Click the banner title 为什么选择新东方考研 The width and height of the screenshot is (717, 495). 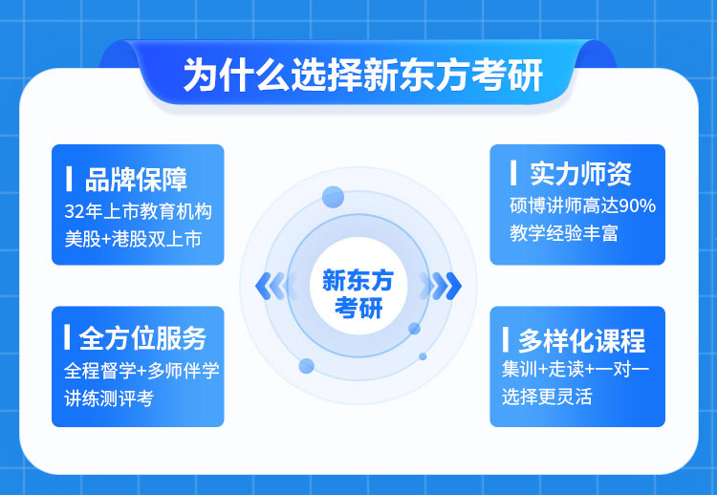click(362, 75)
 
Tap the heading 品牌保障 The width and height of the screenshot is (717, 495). click(136, 179)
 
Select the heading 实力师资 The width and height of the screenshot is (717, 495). click(580, 174)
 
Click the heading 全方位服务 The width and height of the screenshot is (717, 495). click(142, 338)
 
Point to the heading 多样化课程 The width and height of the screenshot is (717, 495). click(581, 340)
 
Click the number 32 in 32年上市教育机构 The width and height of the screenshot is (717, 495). click(74, 211)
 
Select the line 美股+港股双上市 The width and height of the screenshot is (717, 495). click(133, 239)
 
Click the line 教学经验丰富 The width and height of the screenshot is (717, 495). click(564, 233)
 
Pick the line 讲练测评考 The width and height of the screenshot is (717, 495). click(109, 398)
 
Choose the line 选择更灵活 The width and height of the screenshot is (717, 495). click(547, 397)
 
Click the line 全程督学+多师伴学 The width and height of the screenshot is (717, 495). click(141, 371)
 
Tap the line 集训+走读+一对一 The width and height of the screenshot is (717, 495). click(576, 369)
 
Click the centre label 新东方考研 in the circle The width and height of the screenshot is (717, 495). click(358, 293)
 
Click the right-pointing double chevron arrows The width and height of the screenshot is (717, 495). click(445, 286)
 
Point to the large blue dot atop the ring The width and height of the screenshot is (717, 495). click(333, 197)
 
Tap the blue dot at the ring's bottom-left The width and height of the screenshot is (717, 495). click(306, 366)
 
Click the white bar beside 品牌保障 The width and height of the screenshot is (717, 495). click(69, 179)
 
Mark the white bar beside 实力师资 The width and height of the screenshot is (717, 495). click(513, 173)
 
